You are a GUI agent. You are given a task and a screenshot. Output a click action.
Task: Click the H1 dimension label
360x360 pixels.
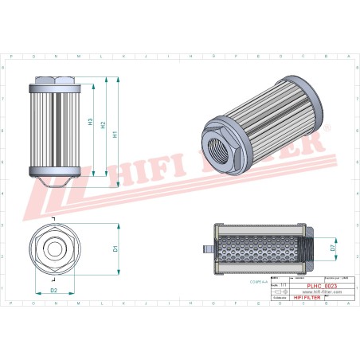pyautogui.click(x=115, y=135)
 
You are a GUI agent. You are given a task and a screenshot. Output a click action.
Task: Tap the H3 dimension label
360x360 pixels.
pyautogui.click(x=91, y=123)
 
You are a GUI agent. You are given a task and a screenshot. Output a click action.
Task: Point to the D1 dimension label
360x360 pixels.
pyautogui.click(x=115, y=249)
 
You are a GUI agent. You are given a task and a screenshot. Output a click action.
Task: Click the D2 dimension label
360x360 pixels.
pyautogui.click(x=54, y=291)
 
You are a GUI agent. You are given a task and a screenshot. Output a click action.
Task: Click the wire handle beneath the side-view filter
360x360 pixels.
pyautogui.click(x=54, y=185)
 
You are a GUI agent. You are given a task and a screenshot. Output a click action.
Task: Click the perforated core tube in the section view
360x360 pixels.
pyautogui.click(x=259, y=249)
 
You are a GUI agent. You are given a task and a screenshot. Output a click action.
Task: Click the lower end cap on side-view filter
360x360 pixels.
pyautogui.click(x=54, y=172)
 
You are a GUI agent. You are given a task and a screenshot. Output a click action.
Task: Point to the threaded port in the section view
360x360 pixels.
pyautogui.click(x=310, y=249)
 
